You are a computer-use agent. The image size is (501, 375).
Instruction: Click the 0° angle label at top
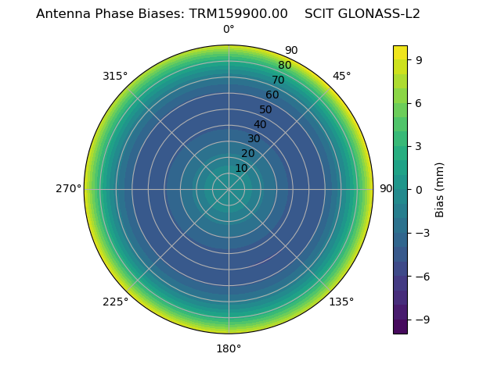pyautogui.click(x=229, y=30)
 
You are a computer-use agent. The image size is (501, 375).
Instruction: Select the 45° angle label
pyautogui.click(x=341, y=76)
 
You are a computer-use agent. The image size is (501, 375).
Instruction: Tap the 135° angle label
pyautogui.click(x=341, y=302)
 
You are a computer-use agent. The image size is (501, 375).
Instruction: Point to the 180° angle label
pyautogui.click(x=229, y=348)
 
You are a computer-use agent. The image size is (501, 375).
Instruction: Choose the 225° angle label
pyautogui.click(x=115, y=302)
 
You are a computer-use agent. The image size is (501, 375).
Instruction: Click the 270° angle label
pyautogui.click(x=68, y=189)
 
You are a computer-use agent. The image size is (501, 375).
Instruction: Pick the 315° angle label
pyautogui.click(x=115, y=76)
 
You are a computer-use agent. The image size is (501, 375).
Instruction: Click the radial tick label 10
pyautogui.click(x=241, y=168)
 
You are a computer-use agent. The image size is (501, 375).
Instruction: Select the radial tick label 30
pyautogui.click(x=254, y=139)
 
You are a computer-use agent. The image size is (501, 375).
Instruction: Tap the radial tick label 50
pyautogui.click(x=266, y=109)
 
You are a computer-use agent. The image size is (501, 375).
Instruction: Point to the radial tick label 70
pyautogui.click(x=278, y=80)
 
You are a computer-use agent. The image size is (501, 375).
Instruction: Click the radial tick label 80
pyautogui.click(x=284, y=66)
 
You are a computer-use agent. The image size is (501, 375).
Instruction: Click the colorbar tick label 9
pyautogui.click(x=419, y=59)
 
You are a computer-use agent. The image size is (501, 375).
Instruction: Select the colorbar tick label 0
pyautogui.click(x=419, y=190)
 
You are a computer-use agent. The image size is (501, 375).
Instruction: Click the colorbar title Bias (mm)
pyautogui.click(x=440, y=190)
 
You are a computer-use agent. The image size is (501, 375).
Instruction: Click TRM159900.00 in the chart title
pyautogui.click(x=238, y=13)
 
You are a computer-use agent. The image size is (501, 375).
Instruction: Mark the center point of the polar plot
pyautogui.click(x=229, y=189)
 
